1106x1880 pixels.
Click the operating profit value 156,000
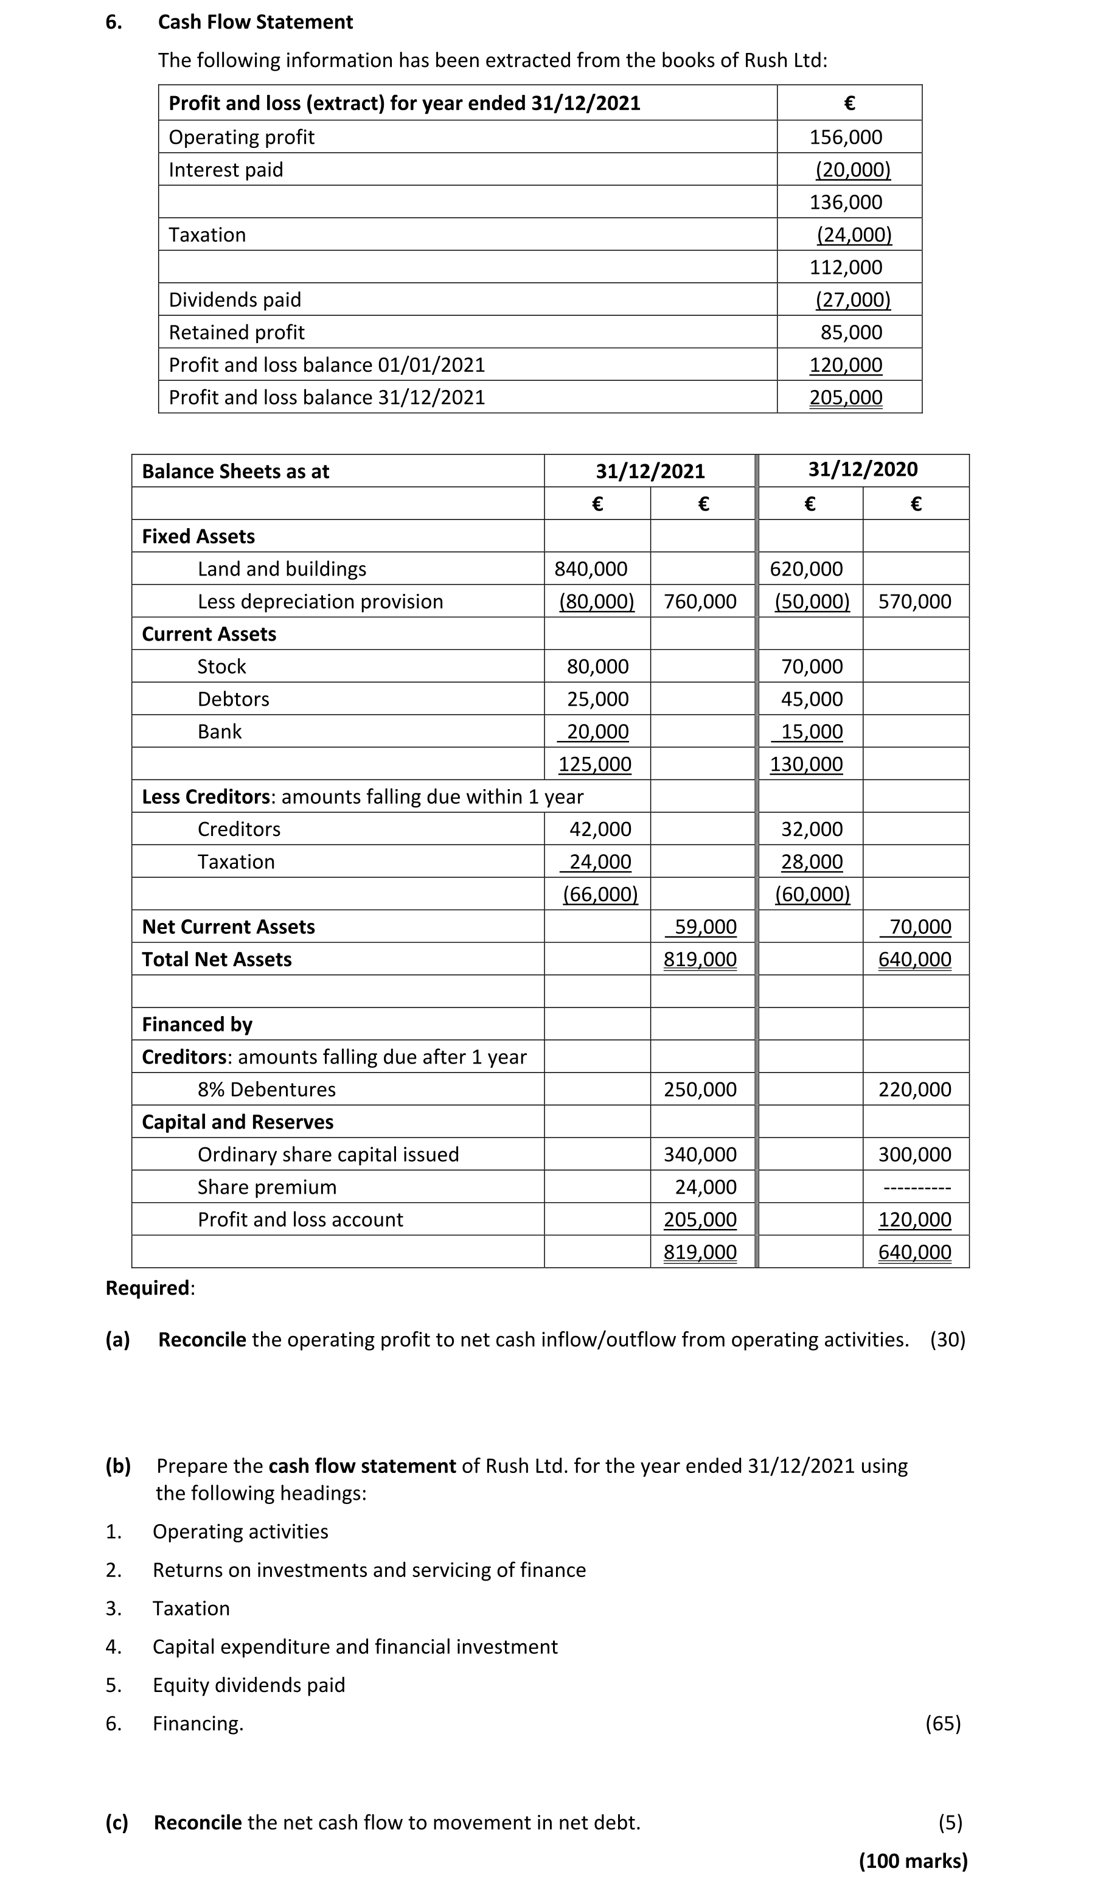click(x=846, y=138)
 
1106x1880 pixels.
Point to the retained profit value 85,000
click(x=851, y=332)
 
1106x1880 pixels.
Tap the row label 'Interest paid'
click(x=226, y=170)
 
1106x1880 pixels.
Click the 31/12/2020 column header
click(x=863, y=469)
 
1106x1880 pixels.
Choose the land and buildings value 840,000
click(x=591, y=569)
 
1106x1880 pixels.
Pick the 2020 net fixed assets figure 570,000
click(x=914, y=601)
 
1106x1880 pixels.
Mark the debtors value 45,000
click(x=812, y=699)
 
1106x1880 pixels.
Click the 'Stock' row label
click(x=221, y=666)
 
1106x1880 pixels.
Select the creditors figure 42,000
click(x=600, y=829)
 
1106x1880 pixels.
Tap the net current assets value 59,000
click(x=704, y=927)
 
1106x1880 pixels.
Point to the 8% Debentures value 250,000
click(x=700, y=1089)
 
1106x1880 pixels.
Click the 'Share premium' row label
click(x=267, y=1187)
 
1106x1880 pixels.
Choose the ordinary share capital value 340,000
click(x=700, y=1154)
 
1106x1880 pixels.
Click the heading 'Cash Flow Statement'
click(x=255, y=23)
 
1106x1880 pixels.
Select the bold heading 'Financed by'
click(x=197, y=1025)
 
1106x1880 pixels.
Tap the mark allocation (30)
click(x=947, y=1340)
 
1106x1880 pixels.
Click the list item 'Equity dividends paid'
click(x=248, y=1685)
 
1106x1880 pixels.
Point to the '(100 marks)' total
click(x=913, y=1861)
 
